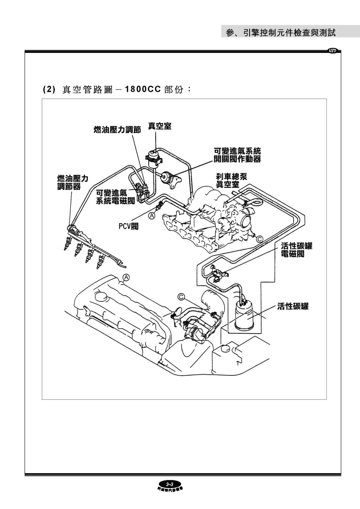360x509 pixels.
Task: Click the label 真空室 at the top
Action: pyautogui.click(x=160, y=126)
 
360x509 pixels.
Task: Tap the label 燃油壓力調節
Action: pyautogui.click(x=117, y=130)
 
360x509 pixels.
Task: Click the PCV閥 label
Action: pyautogui.click(x=128, y=226)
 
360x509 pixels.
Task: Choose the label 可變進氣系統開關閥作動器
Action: pyautogui.click(x=238, y=155)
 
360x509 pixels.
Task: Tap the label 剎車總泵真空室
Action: pyautogui.click(x=231, y=180)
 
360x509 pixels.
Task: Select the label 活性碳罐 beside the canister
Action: pyautogui.click(x=292, y=306)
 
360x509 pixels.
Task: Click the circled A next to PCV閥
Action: pyautogui.click(x=152, y=215)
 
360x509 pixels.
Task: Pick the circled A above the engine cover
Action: pyautogui.click(x=126, y=277)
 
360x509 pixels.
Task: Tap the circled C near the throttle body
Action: pyautogui.click(x=259, y=239)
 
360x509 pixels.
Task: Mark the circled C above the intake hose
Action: pyautogui.click(x=181, y=297)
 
